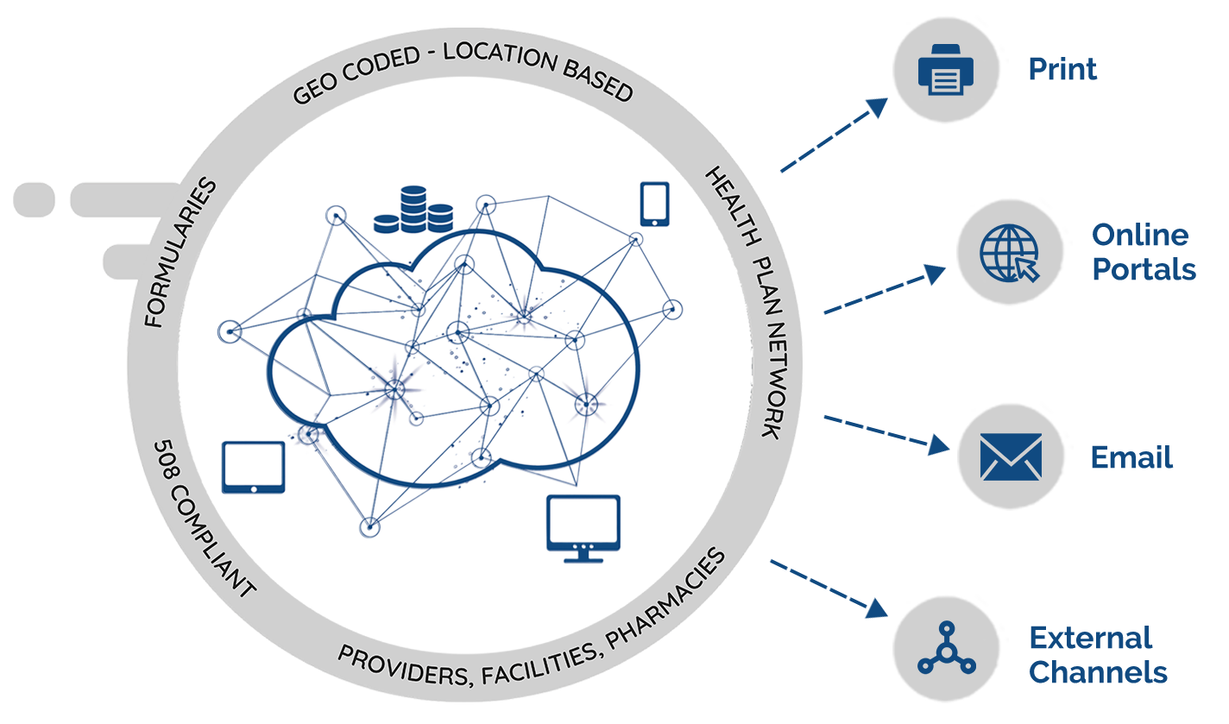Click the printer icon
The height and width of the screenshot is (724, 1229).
point(944,69)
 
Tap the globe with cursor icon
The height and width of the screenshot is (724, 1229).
point(1010,252)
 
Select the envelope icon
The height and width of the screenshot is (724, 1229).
point(1011,456)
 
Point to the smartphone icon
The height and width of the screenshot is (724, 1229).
point(654,205)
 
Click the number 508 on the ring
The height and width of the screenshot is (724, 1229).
point(167,463)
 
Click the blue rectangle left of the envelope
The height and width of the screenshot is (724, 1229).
point(886,435)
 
